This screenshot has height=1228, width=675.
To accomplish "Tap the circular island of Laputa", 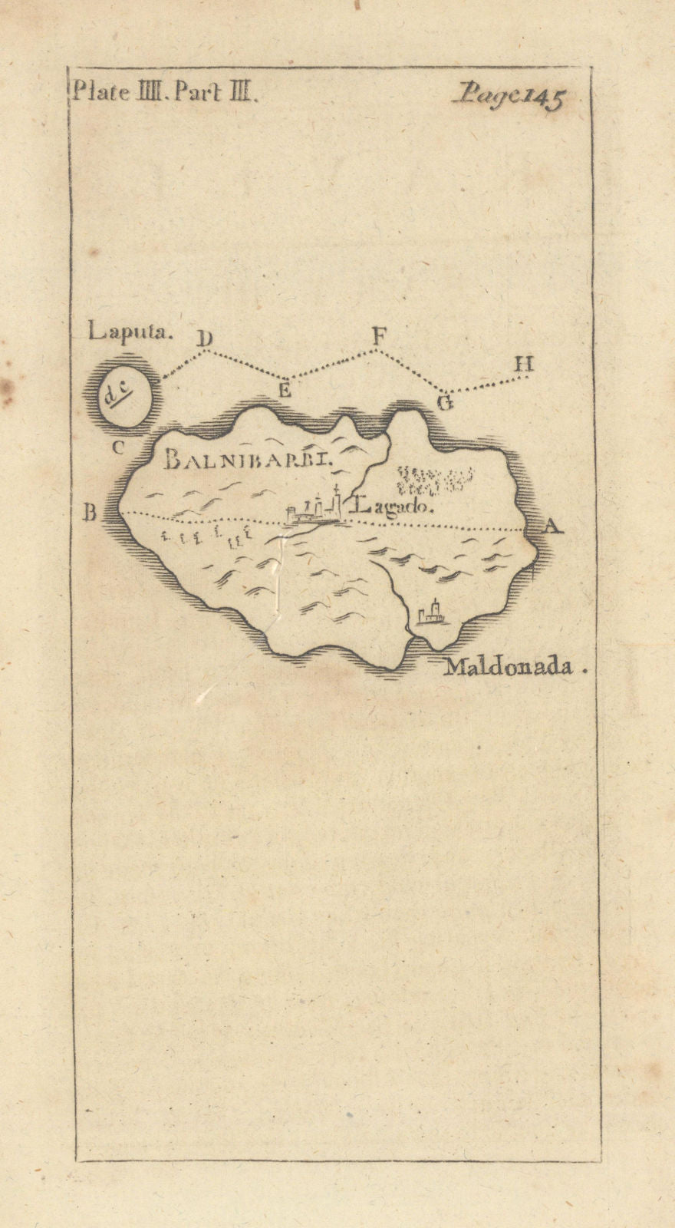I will (123, 396).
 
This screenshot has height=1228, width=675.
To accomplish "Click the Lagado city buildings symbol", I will (314, 510).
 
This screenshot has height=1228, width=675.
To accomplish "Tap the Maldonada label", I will (509, 667).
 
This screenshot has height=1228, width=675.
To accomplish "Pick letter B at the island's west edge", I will (90, 513).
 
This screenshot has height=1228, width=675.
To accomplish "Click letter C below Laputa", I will (117, 447).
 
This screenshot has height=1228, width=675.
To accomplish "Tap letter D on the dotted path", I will (205, 338).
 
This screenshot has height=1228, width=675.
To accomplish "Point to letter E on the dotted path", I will (285, 389).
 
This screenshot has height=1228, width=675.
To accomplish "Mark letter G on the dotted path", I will (444, 402).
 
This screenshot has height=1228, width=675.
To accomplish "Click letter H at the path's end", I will (523, 364).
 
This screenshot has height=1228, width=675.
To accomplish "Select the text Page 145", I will (509, 97).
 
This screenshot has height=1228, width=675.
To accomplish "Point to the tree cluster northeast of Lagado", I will (430, 478).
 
